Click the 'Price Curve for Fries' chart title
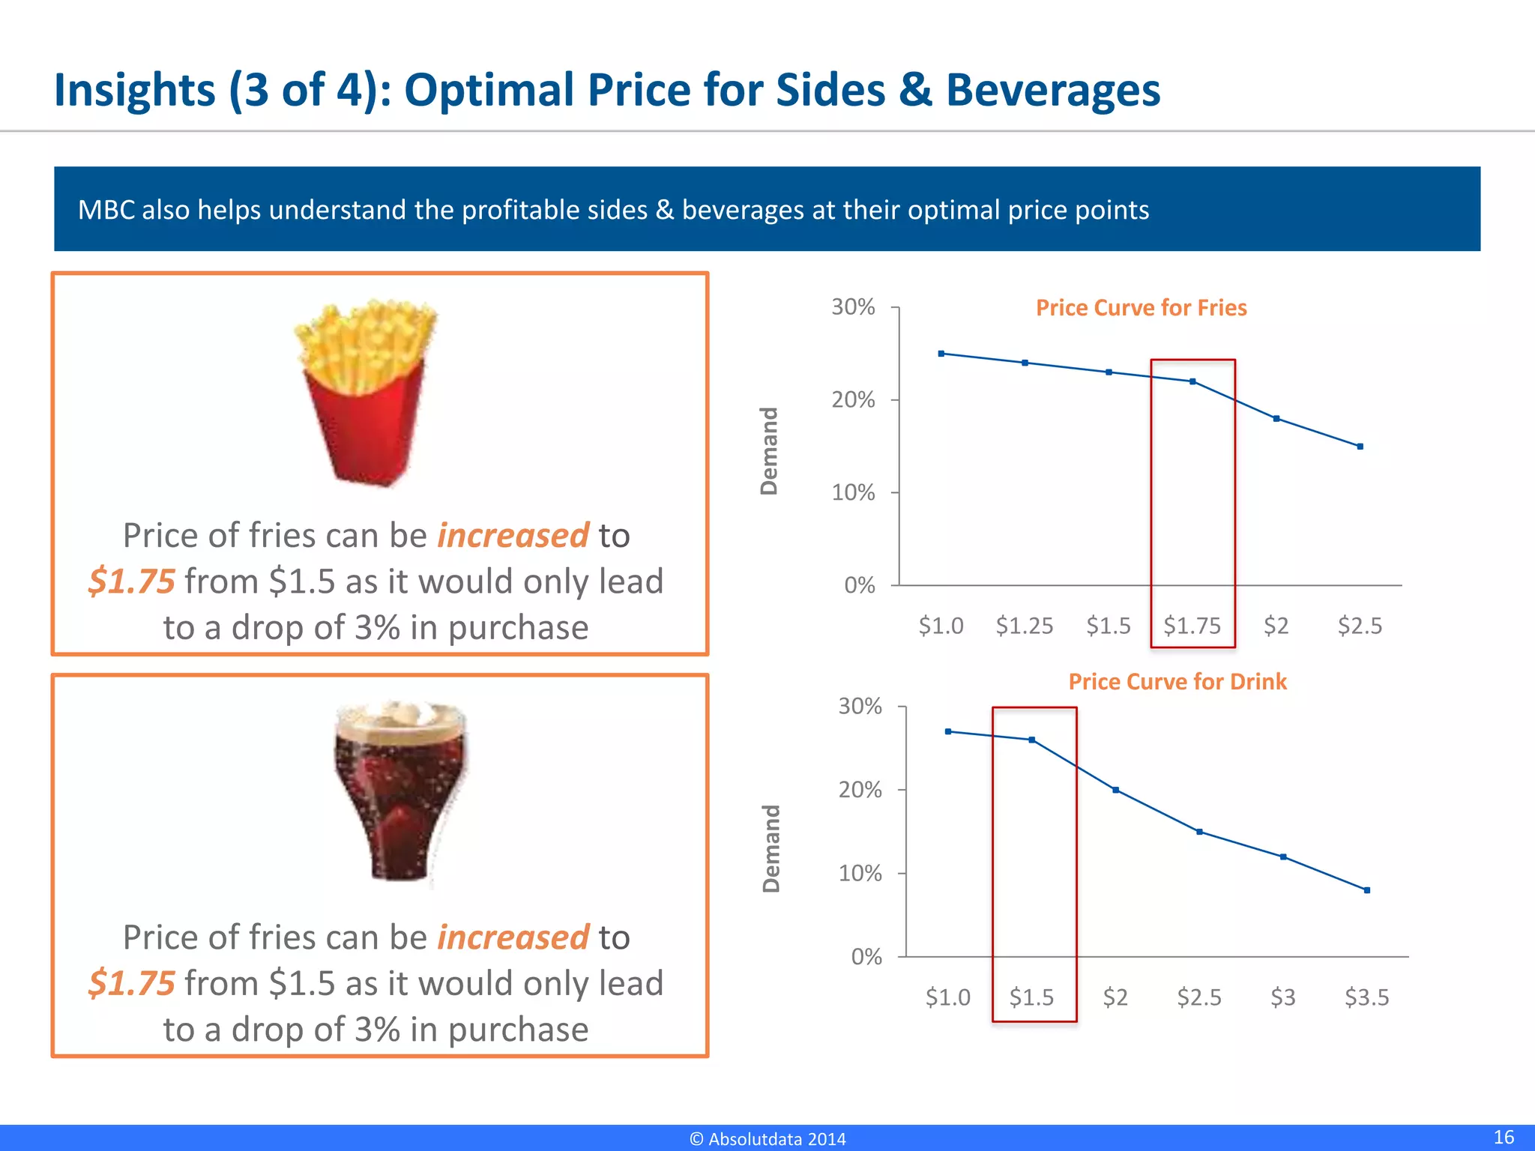(1141, 308)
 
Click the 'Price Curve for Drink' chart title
(1177, 682)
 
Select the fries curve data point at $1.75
(1192, 381)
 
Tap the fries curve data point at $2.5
(1360, 447)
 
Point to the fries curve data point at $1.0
(941, 354)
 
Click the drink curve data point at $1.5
(1032, 740)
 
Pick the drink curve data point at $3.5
(1367, 890)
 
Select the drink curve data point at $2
(1116, 790)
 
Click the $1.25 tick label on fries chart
(1025, 626)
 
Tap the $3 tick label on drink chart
(1283, 997)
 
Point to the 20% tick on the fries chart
(853, 400)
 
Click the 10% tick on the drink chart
(860, 874)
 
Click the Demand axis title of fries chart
(769, 451)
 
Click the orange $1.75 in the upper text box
(132, 581)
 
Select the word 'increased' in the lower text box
(513, 937)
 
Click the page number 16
(1504, 1137)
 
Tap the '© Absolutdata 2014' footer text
(767, 1139)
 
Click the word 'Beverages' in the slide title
(1053, 90)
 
